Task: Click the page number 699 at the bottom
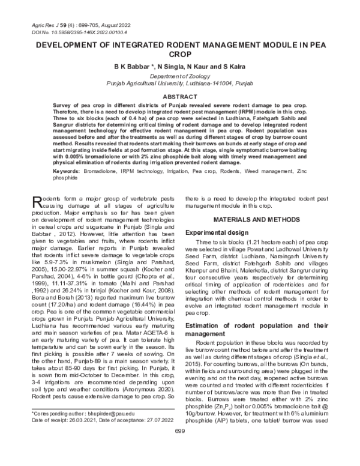(x=179, y=448)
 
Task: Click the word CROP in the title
(x=179, y=54)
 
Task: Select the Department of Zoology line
(x=179, y=77)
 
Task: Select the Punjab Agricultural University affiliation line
(x=179, y=85)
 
